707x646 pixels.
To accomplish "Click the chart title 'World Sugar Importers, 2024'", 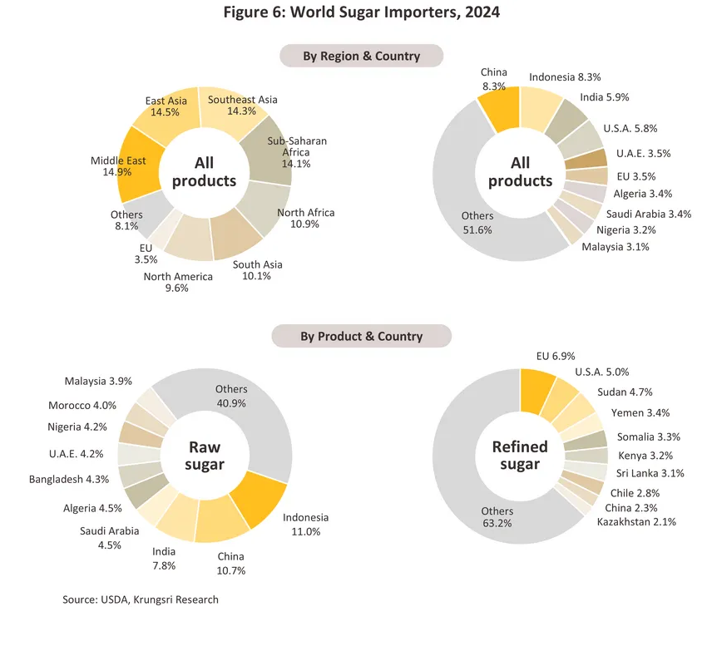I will [x=353, y=13].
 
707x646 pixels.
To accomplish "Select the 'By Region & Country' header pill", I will [x=361, y=57].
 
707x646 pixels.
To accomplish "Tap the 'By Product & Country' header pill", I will [x=361, y=337].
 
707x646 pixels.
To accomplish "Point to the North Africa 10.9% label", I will [x=306, y=219].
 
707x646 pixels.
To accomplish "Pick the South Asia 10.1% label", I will [x=257, y=270].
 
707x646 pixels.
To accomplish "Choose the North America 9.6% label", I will [x=177, y=283].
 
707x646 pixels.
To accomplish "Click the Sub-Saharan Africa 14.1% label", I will [x=297, y=152].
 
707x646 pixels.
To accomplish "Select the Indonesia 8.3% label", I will [x=565, y=77].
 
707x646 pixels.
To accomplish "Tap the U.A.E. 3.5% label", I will [x=643, y=154].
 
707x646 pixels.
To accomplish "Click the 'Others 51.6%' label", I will [x=477, y=223].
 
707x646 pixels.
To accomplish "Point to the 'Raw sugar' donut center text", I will [x=205, y=456].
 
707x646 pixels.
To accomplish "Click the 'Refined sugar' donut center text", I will [x=520, y=456].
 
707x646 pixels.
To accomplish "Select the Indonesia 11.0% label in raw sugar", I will [x=306, y=525].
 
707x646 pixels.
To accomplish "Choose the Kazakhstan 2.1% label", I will [x=636, y=522].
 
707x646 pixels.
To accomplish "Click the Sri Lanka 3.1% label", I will [x=650, y=474].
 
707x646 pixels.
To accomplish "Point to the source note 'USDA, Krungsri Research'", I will [x=141, y=599].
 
